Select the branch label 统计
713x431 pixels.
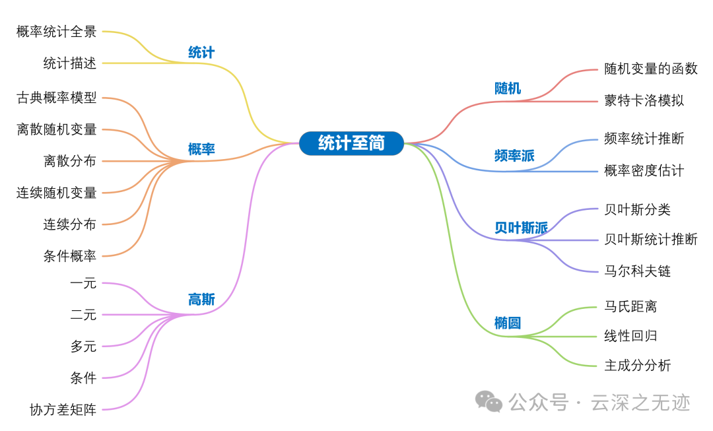[201, 53]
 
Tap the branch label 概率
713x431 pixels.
[201, 150]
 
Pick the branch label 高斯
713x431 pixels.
[201, 300]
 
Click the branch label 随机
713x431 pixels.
[508, 88]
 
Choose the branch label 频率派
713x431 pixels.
[514, 156]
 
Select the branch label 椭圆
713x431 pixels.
[508, 323]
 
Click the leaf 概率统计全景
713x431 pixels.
[57, 32]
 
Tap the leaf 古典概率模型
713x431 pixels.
[57, 98]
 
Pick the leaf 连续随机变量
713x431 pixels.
[57, 193]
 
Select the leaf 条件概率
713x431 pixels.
[70, 256]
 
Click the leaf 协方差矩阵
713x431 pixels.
[63, 410]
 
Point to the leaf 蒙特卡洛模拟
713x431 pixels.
[644, 101]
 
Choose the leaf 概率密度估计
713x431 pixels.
[644, 171]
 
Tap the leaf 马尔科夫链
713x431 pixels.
[637, 271]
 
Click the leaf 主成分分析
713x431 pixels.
[637, 366]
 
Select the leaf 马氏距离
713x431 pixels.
[630, 307]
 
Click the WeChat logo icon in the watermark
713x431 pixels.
[489, 401]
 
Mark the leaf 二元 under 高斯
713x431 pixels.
[83, 315]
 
